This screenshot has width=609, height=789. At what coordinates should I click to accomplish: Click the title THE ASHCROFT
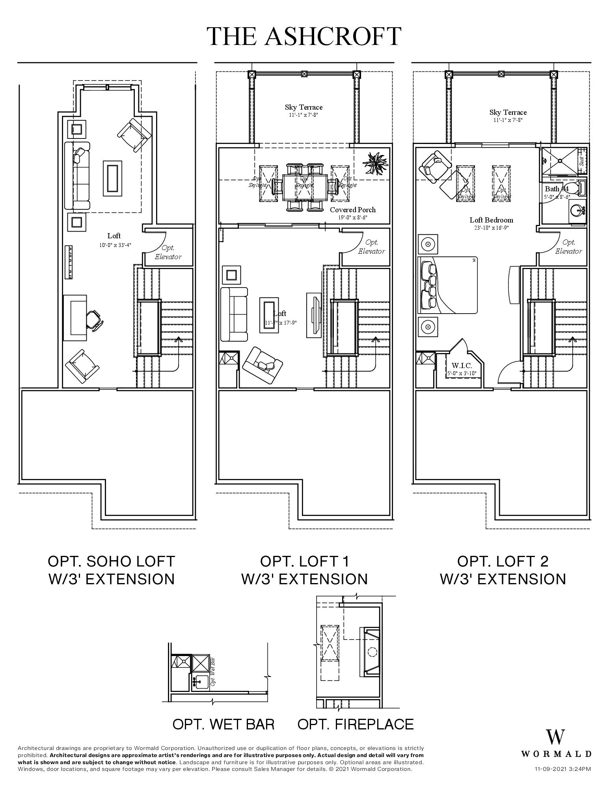(x=304, y=36)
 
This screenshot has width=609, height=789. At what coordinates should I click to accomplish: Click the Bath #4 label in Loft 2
(x=556, y=189)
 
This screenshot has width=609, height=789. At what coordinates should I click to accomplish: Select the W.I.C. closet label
(x=461, y=366)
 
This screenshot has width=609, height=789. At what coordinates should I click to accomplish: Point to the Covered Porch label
(x=352, y=210)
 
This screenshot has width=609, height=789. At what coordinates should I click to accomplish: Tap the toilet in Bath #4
(x=580, y=188)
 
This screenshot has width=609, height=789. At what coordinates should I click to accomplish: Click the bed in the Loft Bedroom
(x=448, y=285)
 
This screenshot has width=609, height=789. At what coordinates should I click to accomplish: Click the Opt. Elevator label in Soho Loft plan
(x=168, y=252)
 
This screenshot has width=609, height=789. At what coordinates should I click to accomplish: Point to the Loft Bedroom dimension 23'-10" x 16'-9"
(x=491, y=228)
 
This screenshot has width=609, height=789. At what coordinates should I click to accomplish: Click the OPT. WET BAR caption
(x=223, y=724)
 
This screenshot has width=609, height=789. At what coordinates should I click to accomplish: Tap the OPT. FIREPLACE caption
(x=355, y=724)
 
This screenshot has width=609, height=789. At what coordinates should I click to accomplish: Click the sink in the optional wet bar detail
(x=201, y=682)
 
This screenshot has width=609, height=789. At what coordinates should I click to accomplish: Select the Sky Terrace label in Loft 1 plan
(x=304, y=107)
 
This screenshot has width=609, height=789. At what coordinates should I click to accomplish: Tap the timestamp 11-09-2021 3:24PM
(x=562, y=768)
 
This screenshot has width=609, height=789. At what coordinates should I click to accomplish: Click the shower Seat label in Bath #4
(x=581, y=161)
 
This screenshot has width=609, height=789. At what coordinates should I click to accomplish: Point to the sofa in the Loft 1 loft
(x=234, y=314)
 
